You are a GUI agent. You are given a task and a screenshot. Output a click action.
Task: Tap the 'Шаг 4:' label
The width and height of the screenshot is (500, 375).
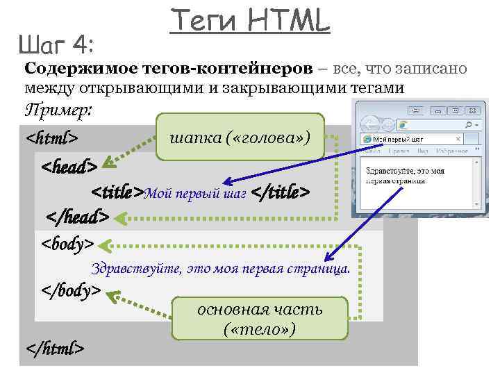pos(61,47)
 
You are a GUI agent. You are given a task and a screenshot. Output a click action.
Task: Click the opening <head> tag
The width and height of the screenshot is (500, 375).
pos(69,167)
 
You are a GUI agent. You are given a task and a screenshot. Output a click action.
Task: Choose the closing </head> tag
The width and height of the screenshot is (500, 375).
pos(77,217)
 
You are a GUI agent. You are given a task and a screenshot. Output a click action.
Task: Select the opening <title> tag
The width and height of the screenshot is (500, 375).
pos(117,192)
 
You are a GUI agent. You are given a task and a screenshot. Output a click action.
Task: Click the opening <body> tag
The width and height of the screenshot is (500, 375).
pos(67,244)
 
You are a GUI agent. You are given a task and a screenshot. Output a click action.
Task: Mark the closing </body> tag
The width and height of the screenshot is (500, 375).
pos(72,290)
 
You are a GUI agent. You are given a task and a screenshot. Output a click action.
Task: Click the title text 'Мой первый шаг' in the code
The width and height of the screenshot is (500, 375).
pos(195,193)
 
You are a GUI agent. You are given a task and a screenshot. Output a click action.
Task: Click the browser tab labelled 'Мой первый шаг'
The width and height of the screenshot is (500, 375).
pos(399,139)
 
